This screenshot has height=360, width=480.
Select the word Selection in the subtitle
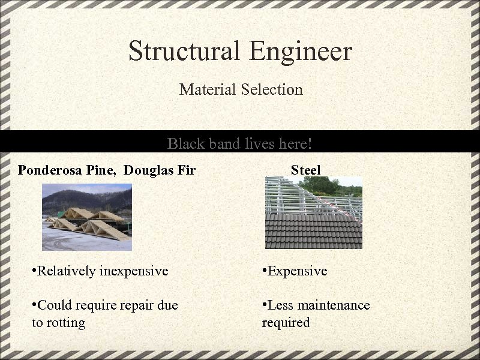pos(272,90)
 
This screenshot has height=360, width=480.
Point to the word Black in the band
pos(186,144)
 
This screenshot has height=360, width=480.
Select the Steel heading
pos(306,170)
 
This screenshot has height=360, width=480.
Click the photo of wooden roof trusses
pos(86,217)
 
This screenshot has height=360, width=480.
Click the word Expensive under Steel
pos(297,271)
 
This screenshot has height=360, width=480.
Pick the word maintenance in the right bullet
pos(333,305)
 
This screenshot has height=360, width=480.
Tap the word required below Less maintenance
pos(286,323)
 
